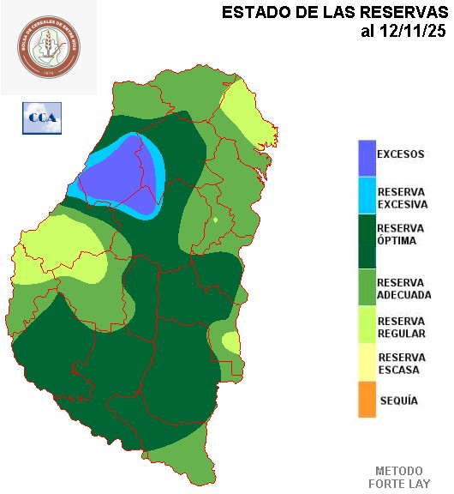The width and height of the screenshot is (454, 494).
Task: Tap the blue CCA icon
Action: point(41,117)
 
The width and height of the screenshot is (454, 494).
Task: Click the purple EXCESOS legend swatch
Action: point(367,155)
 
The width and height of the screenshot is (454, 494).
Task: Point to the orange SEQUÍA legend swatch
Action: point(367,401)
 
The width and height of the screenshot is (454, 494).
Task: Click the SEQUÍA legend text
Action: point(398,401)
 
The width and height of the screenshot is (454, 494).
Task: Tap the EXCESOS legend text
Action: point(401,154)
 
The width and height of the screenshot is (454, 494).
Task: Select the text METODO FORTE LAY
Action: point(398,477)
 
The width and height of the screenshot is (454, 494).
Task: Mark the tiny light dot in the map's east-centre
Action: point(216,220)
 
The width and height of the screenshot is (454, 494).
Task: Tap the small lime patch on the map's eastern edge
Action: point(230,342)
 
